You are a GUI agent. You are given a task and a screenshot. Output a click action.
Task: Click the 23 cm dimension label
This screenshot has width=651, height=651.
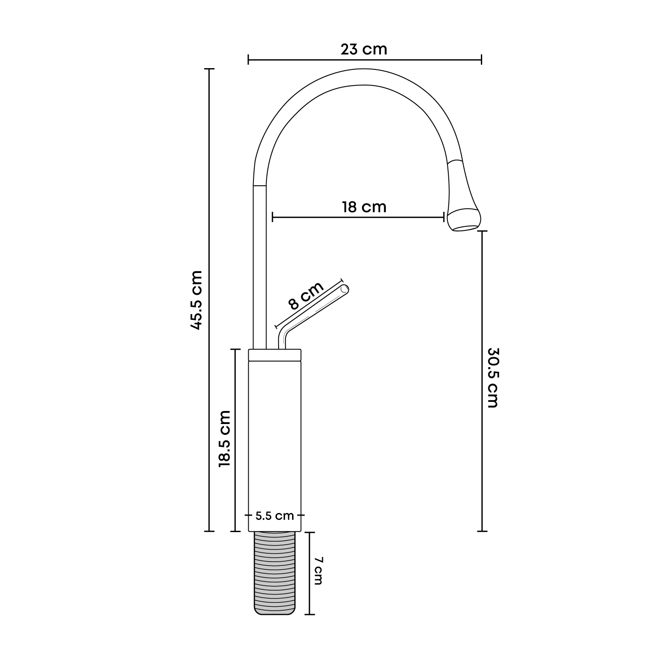[364, 49]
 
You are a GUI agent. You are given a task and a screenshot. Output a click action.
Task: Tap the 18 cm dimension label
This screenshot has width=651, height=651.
[364, 207]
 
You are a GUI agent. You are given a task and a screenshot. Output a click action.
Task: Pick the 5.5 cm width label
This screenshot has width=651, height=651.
[275, 516]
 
